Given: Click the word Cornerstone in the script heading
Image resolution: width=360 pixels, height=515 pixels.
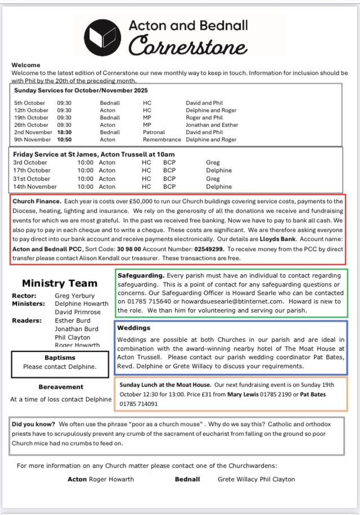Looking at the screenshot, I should pos(187,46).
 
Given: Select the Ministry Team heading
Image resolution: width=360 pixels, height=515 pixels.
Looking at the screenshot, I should pos(60,283).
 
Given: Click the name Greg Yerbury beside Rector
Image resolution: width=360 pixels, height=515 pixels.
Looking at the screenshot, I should pos(75,295).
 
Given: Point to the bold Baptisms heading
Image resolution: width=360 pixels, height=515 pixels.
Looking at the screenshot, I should pos(60,357).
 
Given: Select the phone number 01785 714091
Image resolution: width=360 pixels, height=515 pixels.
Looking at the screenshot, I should pos(138,404).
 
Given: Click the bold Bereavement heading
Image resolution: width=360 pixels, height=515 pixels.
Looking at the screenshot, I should pos(61,387).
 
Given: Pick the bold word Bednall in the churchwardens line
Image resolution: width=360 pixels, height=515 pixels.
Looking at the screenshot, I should pos(187,480).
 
